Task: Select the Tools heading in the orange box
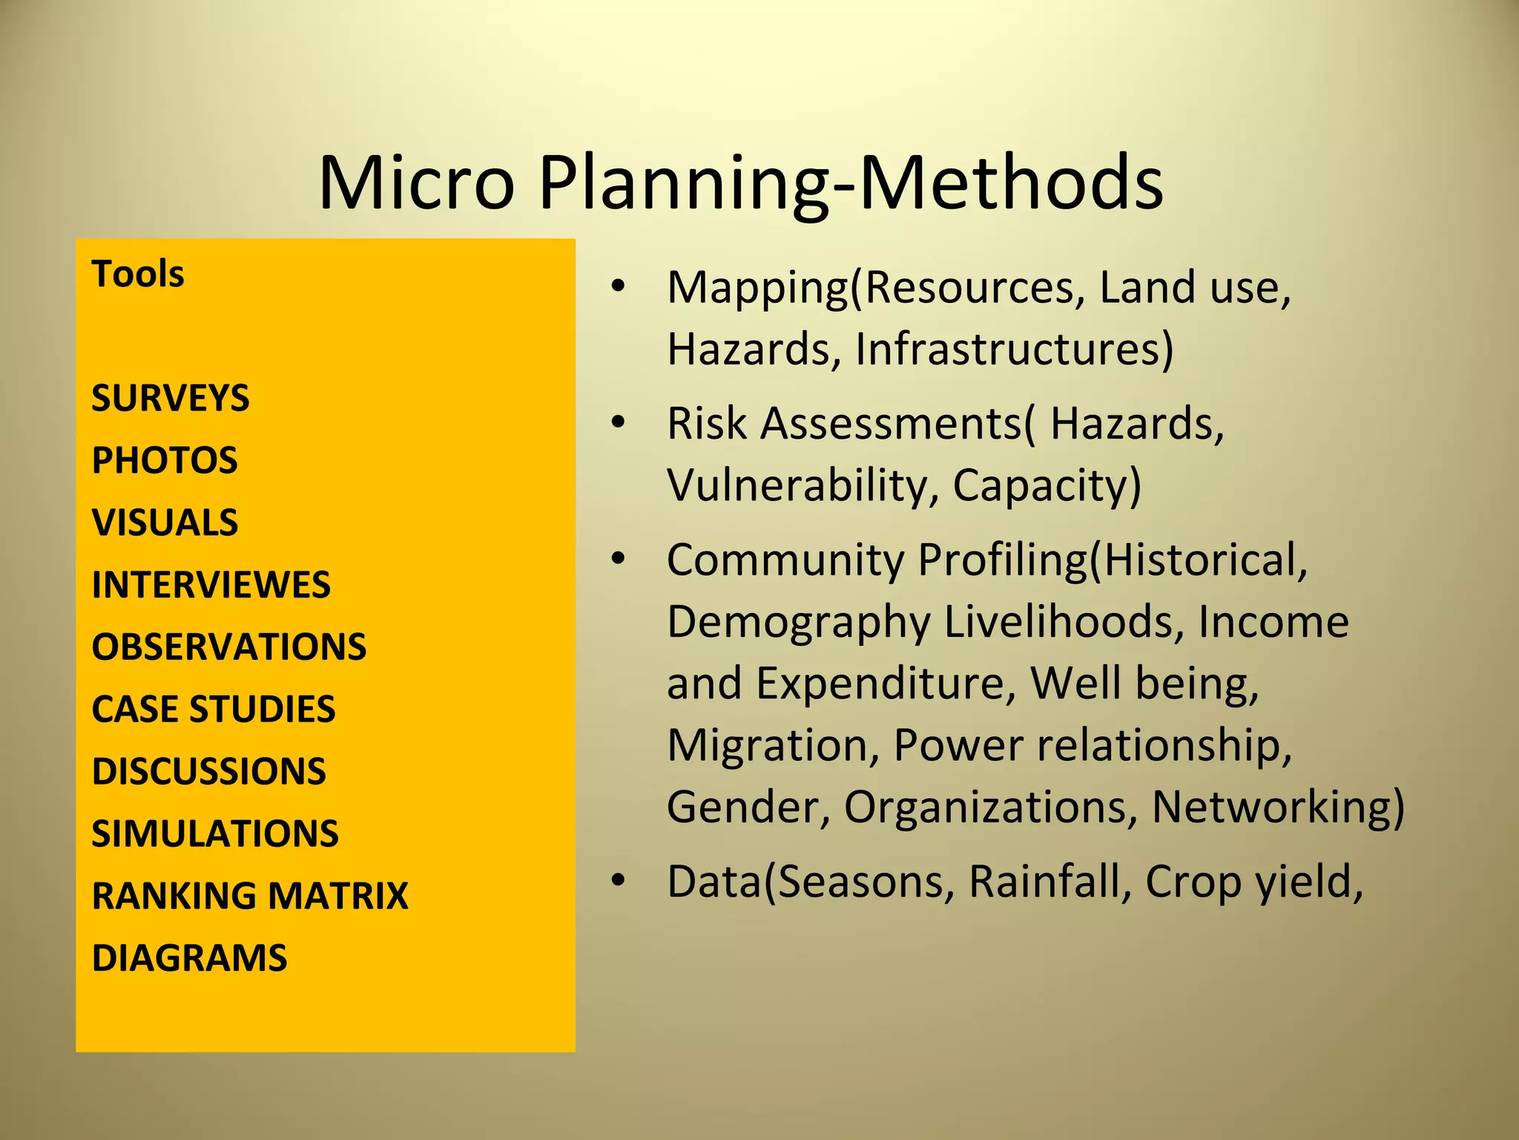point(138,274)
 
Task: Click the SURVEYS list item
point(171,398)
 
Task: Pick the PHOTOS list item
point(165,460)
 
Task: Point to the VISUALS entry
point(165,522)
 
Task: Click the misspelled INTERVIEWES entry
point(211,585)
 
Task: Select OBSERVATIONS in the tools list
point(229,646)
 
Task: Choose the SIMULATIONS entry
point(215,833)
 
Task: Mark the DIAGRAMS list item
point(189,957)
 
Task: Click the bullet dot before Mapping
point(618,286)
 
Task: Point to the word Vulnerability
point(797,485)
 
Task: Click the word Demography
point(798,622)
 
